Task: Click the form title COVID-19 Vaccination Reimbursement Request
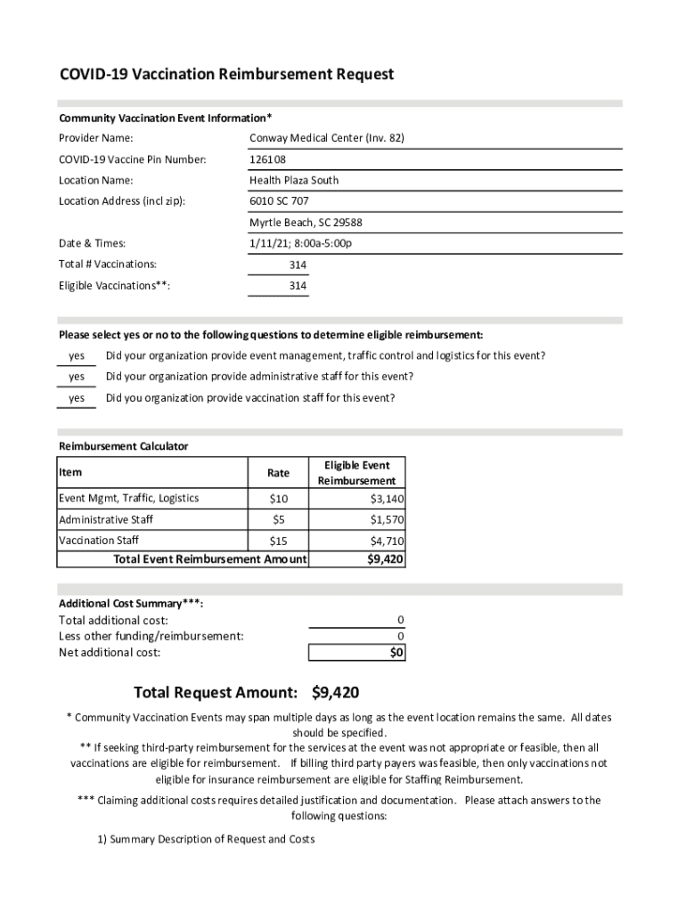tap(226, 75)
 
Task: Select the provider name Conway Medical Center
tap(327, 138)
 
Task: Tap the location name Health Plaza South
tap(294, 180)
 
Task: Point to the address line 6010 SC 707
tap(279, 201)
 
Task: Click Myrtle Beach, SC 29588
tap(306, 223)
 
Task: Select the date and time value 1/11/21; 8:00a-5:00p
tap(301, 243)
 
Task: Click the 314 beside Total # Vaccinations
tap(298, 265)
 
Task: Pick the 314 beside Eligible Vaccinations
tap(298, 286)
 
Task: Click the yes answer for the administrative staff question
tap(77, 377)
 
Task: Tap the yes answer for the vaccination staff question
tap(77, 398)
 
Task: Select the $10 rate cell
tap(278, 499)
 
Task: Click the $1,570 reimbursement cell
tap(388, 519)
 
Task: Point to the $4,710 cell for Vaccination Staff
tap(388, 541)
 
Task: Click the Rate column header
tap(278, 473)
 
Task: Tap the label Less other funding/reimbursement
tap(151, 636)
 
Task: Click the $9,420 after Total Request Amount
tap(336, 693)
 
